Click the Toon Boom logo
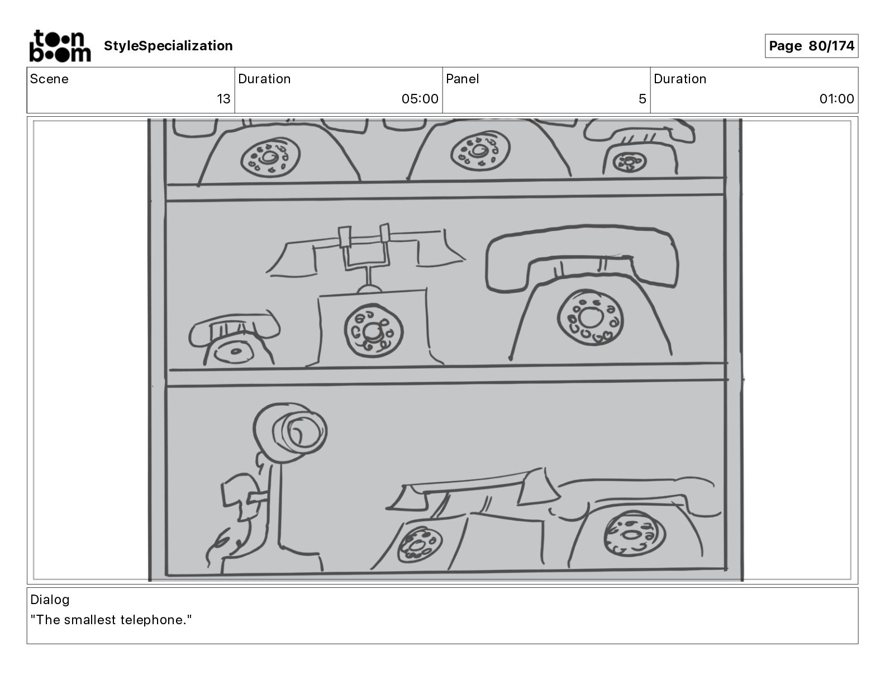point(60,46)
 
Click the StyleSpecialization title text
point(168,46)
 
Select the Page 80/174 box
point(811,46)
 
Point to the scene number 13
point(223,99)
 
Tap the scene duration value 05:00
point(420,99)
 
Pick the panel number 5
point(642,99)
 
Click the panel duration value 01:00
point(836,99)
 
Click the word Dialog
point(50,600)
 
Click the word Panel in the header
point(462,79)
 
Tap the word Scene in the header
point(49,79)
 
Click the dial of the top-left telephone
point(270,156)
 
